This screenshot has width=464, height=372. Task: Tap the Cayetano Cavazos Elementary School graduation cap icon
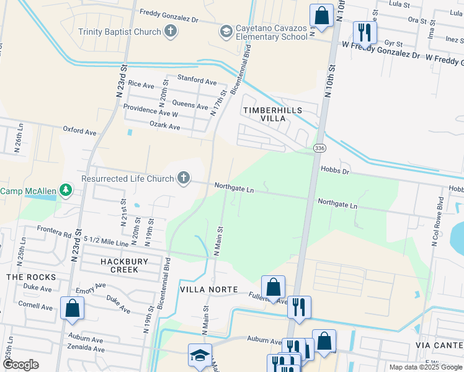[x=226, y=31]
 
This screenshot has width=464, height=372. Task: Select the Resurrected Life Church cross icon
[x=183, y=179]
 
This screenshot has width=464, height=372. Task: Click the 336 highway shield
[x=319, y=149]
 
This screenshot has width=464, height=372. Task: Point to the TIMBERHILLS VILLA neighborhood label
[x=272, y=114]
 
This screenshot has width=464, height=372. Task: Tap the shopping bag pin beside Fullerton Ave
[x=273, y=288]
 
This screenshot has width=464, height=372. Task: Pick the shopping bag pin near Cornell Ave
[x=72, y=308]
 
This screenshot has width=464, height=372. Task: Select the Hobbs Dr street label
[x=336, y=169]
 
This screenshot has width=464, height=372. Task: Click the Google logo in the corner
[x=22, y=364]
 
